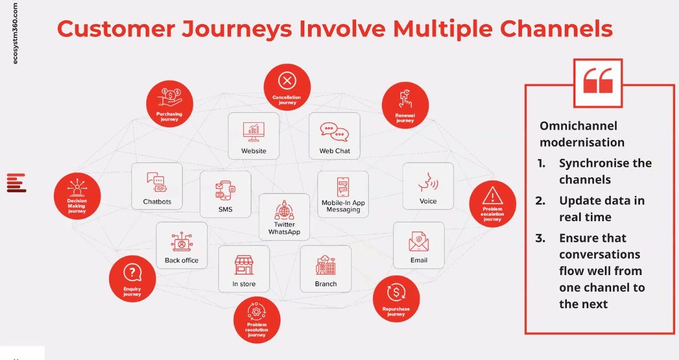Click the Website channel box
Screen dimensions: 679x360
(x=253, y=135)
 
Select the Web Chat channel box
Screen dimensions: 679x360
(x=334, y=135)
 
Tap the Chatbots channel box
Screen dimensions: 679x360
(x=157, y=186)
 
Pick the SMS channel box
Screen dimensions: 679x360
(x=225, y=194)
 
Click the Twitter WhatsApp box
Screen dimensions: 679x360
(x=284, y=216)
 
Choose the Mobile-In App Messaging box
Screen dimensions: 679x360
(x=343, y=194)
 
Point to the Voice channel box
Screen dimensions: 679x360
(x=428, y=186)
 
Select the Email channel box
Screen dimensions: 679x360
(x=419, y=245)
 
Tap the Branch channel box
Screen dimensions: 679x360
(x=325, y=268)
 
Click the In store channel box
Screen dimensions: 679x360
(x=244, y=268)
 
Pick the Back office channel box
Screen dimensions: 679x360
(x=182, y=245)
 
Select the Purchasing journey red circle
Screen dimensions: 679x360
(x=170, y=103)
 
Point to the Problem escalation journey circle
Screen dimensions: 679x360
(x=493, y=204)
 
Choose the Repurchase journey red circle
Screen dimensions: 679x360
(x=396, y=298)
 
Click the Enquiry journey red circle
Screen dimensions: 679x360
(x=132, y=279)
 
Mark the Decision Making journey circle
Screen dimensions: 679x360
(x=77, y=196)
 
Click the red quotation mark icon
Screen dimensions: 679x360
(x=598, y=82)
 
